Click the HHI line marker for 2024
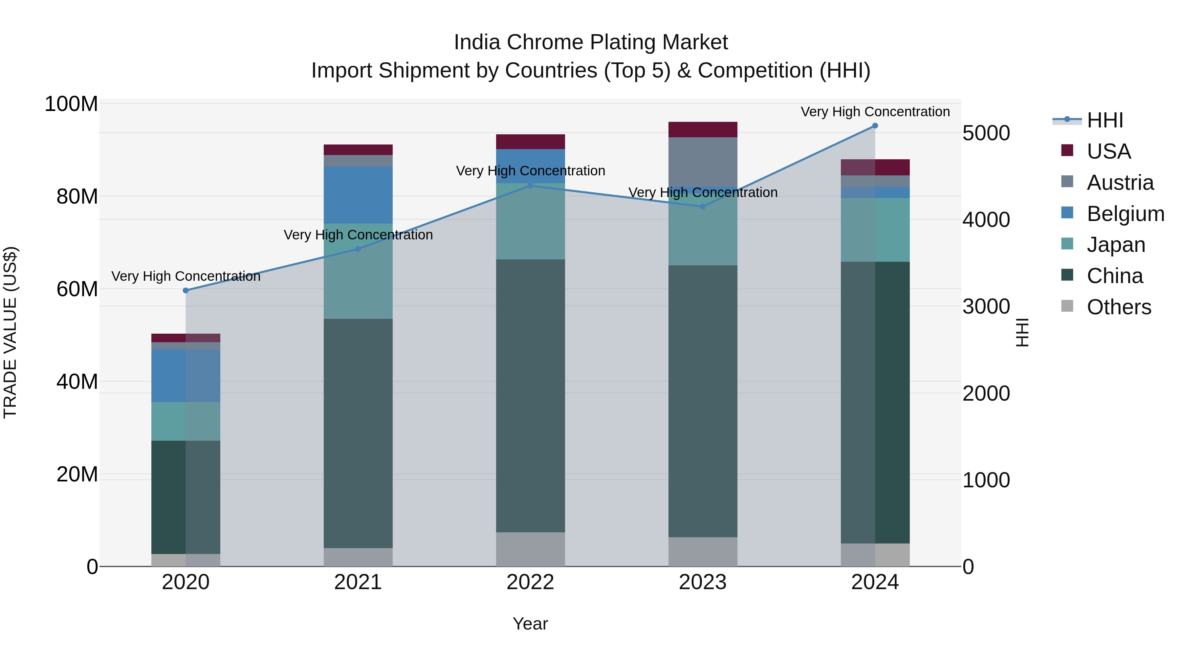[x=875, y=126]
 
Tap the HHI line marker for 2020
[x=186, y=291]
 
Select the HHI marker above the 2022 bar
[x=531, y=186]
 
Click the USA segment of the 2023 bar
[x=703, y=130]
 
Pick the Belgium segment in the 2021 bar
[x=358, y=195]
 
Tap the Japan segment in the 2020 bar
[x=186, y=421]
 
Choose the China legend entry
[x=1115, y=276]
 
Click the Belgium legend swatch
[x=1067, y=213]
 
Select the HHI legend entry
[x=1105, y=120]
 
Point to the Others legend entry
[x=1119, y=307]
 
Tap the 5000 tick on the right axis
[x=986, y=134]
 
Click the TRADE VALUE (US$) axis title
[x=10, y=332]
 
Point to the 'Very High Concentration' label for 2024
[x=875, y=112]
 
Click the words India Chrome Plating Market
[x=591, y=42]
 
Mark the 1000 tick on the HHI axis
[x=986, y=480]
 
